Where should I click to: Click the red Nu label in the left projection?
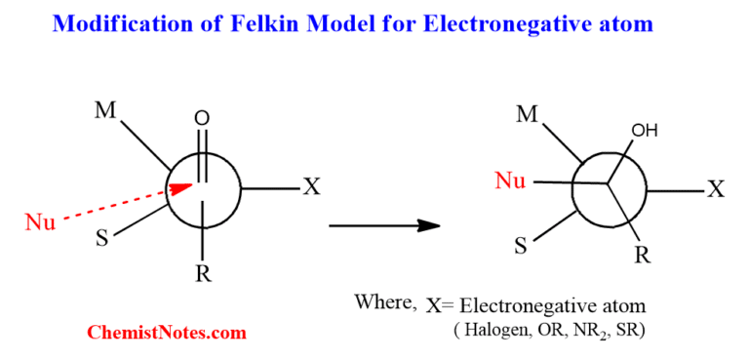(x=40, y=222)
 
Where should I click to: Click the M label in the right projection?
(x=528, y=114)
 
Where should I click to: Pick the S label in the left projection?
(x=101, y=239)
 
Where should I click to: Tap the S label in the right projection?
(x=520, y=246)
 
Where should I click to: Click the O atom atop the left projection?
(x=202, y=118)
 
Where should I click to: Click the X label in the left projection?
(x=311, y=186)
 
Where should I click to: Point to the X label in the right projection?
(x=716, y=188)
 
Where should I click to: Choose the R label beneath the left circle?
(x=203, y=274)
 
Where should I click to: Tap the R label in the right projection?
(x=643, y=257)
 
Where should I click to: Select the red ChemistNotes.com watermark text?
(x=167, y=333)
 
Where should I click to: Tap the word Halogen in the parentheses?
(x=490, y=331)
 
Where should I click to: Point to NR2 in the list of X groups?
(x=578, y=332)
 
